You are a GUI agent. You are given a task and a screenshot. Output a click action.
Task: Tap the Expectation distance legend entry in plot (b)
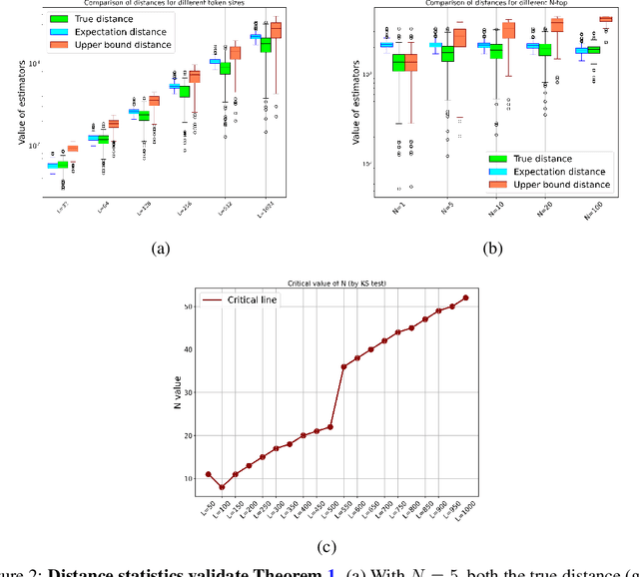coord(549,172)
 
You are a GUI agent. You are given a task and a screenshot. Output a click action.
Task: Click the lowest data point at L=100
coord(222,487)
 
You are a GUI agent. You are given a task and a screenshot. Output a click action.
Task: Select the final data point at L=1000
coord(465,297)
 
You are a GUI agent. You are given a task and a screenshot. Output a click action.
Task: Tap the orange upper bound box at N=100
coord(605,19)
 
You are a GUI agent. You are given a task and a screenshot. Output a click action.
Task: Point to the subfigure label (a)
coord(160,250)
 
